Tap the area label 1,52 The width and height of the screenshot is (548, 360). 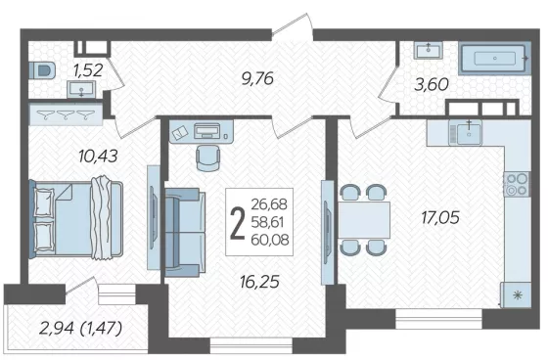point(88,70)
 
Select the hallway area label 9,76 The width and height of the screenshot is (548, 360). point(257,78)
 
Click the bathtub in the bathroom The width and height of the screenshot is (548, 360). point(494,59)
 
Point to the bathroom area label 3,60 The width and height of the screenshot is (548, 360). point(432,84)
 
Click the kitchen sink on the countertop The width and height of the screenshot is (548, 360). point(466,132)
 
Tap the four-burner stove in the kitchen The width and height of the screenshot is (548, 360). point(517,184)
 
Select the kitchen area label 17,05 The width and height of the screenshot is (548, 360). point(440,218)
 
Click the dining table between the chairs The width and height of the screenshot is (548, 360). point(364,220)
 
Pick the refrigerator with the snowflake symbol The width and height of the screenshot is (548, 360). point(516,295)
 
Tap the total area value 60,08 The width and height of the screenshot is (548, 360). point(270,240)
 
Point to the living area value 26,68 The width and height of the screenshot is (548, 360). point(269,204)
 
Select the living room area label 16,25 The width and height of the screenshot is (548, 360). point(259,282)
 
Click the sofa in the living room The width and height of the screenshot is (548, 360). point(185,233)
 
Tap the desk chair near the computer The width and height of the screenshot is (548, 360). point(208,157)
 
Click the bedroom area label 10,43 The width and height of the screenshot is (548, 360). point(98,156)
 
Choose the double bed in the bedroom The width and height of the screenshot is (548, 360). point(76,219)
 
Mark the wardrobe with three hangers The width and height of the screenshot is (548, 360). point(66,113)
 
